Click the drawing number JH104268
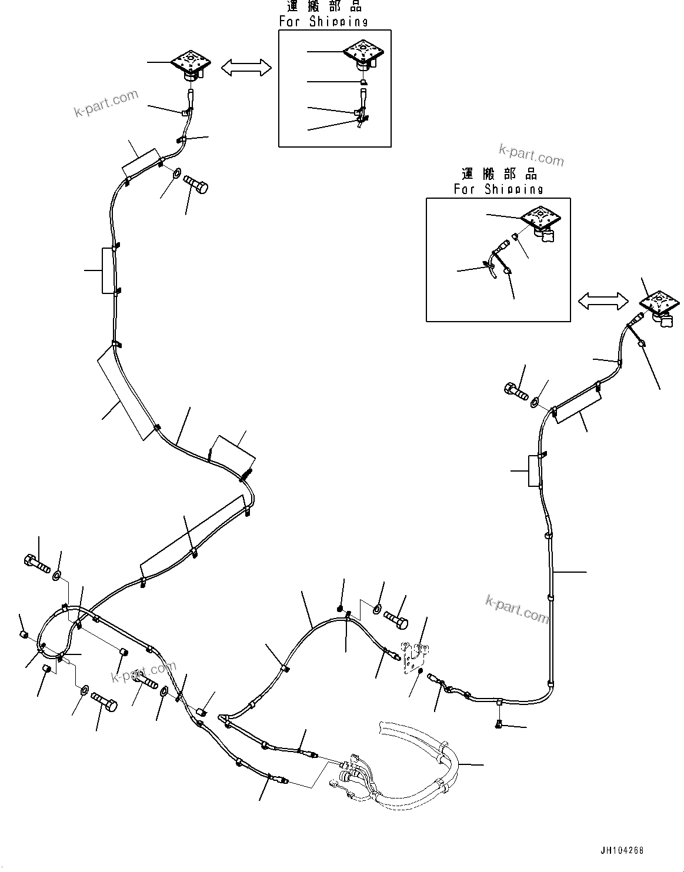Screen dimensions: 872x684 click(x=622, y=850)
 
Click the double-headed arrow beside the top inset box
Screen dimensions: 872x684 click(x=246, y=68)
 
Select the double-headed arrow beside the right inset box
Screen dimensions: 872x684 click(x=603, y=302)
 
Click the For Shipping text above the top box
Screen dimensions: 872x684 click(x=323, y=22)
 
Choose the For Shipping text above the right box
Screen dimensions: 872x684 click(x=498, y=189)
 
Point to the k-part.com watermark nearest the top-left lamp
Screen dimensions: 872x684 click(x=106, y=102)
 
